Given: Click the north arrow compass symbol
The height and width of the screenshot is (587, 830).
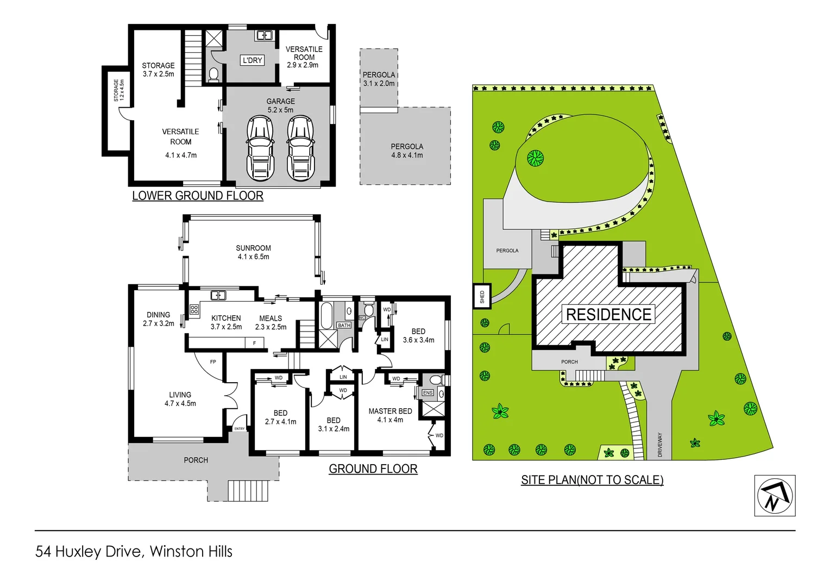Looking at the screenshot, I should [x=775, y=495].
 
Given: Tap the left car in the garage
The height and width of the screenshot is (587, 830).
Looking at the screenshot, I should [x=260, y=148].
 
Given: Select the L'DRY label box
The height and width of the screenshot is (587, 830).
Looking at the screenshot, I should [x=252, y=60].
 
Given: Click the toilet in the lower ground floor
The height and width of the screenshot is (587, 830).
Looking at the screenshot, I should [x=213, y=74].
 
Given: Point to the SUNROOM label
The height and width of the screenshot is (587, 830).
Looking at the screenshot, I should [x=253, y=248].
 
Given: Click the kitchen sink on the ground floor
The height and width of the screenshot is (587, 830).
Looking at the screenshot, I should [x=218, y=295].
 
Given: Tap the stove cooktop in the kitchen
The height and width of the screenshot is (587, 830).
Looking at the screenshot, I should [x=194, y=310].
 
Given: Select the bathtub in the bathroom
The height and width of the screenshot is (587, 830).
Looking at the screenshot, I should [x=326, y=316].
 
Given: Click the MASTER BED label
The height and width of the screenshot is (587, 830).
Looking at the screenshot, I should [x=390, y=411].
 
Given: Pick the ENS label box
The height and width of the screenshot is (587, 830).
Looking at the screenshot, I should [x=427, y=392].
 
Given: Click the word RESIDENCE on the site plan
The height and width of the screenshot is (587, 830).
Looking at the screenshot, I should [x=608, y=314].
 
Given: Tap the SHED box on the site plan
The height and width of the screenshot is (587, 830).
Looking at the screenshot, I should [x=482, y=296].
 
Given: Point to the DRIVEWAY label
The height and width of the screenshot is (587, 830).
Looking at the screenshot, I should [x=660, y=444].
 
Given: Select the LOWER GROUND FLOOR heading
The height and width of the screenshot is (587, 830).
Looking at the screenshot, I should [x=198, y=196].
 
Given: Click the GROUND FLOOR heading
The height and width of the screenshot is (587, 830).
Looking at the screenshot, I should [x=373, y=469].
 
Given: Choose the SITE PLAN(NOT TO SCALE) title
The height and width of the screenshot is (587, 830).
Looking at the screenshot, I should [x=592, y=480].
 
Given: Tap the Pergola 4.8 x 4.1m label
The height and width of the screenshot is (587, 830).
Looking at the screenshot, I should [x=407, y=151].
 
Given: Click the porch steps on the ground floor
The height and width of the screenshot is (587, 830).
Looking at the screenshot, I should [x=248, y=490].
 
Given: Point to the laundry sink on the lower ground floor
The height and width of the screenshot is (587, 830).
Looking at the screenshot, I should [x=264, y=36].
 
